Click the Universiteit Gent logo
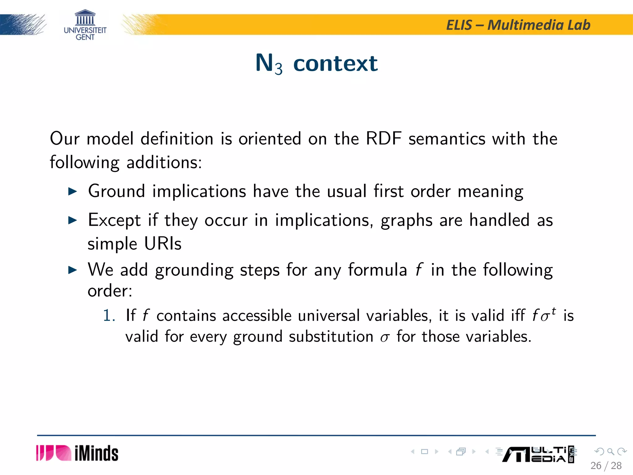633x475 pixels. click(85, 25)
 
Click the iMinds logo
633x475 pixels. click(77, 453)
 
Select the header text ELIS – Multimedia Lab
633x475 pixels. click(518, 25)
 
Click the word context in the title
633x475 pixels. click(335, 63)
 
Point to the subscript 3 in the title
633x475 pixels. click(278, 69)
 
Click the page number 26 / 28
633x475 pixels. click(606, 465)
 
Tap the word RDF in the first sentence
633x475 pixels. click(383, 138)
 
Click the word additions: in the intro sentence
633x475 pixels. click(164, 162)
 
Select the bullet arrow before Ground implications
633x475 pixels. click(72, 191)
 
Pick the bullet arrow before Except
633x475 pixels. click(72, 220)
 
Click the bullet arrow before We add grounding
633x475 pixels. click(72, 270)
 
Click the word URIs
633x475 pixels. click(163, 244)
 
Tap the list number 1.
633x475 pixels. click(109, 316)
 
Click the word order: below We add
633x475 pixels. click(110, 291)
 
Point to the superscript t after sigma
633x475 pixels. click(553, 311)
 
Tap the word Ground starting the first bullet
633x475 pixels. click(117, 191)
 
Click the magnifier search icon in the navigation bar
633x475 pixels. click(610, 451)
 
